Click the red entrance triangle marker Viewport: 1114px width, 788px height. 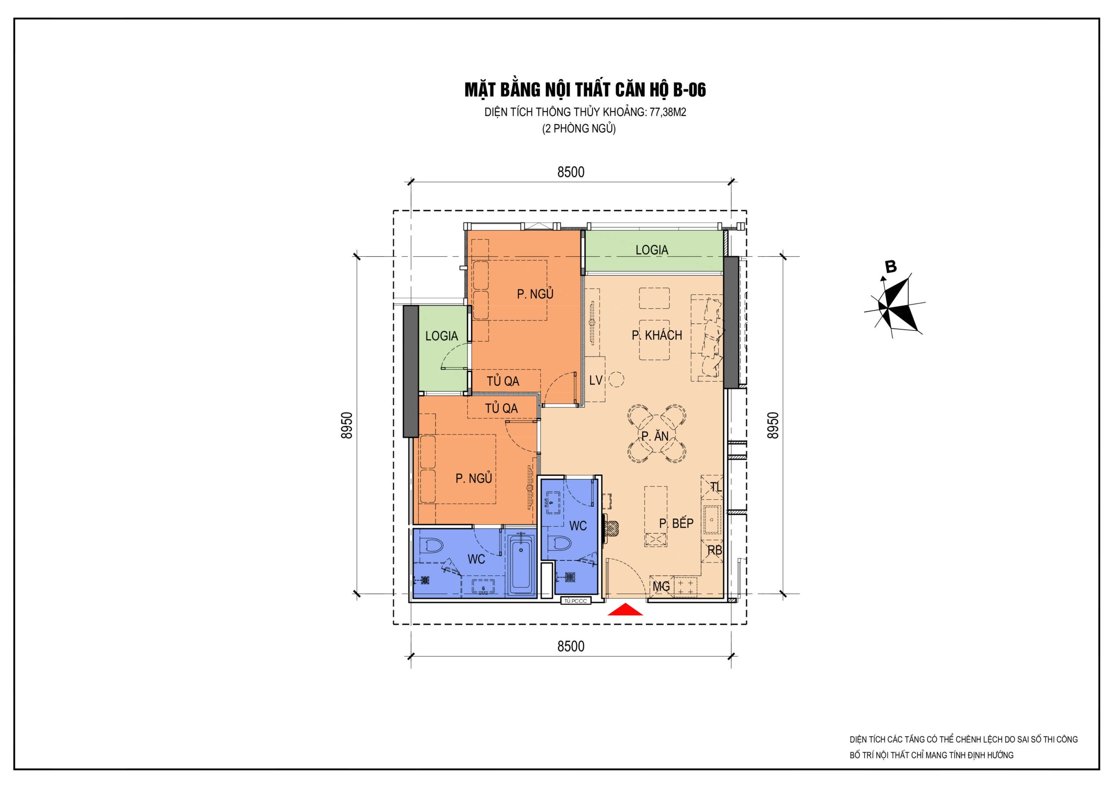pos(625,610)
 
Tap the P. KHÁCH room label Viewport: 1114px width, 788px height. pos(657,335)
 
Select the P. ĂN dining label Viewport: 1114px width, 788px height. pos(654,436)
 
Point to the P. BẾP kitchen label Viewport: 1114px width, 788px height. pos(676,523)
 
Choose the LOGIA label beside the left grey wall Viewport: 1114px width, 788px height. pos(442,336)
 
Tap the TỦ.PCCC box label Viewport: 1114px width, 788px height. pos(576,601)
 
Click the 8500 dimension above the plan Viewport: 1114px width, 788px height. pos(570,172)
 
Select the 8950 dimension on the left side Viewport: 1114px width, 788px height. pos(346,425)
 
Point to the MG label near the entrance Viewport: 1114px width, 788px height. pos(661,586)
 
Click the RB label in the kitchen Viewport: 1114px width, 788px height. pos(715,550)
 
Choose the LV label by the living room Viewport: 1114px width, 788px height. pos(596,380)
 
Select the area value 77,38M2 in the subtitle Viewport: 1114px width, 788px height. pos(668,112)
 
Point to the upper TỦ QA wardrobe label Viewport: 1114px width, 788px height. pos(503,381)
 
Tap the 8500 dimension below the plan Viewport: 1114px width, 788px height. pos(570,646)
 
